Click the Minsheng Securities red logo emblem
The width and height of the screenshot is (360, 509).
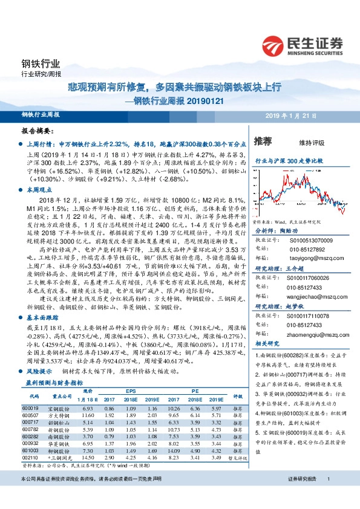(x=274, y=45)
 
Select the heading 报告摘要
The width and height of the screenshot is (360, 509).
(x=38, y=131)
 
